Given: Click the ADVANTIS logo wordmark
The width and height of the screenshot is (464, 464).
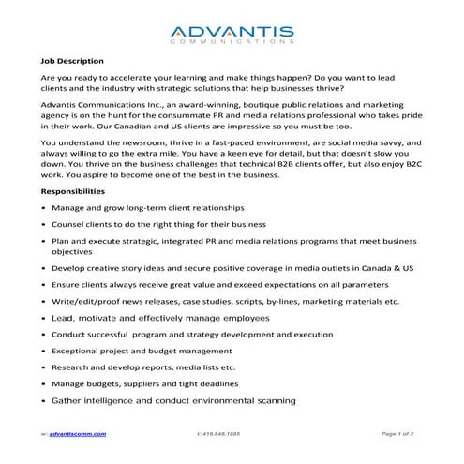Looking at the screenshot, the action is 232,30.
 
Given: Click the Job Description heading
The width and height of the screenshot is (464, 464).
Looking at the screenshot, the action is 72,61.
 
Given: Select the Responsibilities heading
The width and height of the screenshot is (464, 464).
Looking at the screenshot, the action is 78,190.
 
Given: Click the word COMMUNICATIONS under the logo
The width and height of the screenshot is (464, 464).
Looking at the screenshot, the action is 232,42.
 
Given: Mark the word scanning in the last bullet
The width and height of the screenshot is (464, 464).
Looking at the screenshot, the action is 271,401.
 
